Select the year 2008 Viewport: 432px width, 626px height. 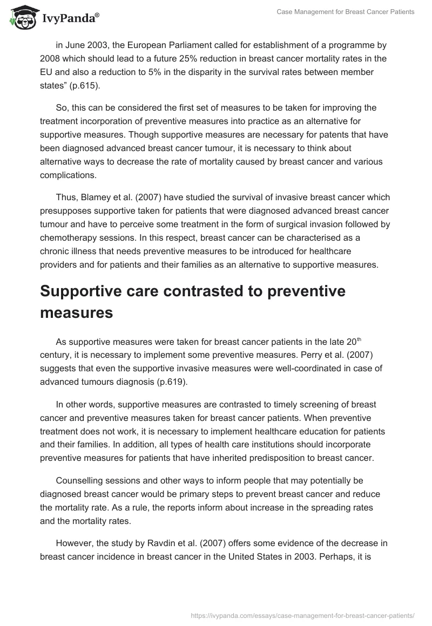[50, 58]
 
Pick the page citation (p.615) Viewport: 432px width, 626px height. [89, 85]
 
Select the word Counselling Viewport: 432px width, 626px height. [79, 480]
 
